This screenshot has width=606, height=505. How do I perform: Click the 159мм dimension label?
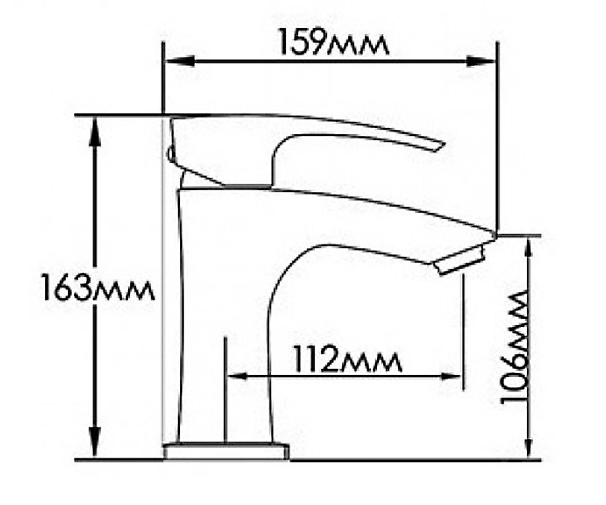(333, 41)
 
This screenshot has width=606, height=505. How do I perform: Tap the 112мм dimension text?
(348, 359)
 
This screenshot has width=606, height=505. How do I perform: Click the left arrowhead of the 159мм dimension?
(179, 61)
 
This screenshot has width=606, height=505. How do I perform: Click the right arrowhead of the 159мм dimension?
(481, 61)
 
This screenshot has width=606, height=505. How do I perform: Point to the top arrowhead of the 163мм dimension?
(96, 131)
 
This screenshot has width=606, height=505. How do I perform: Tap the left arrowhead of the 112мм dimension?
(237, 377)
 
